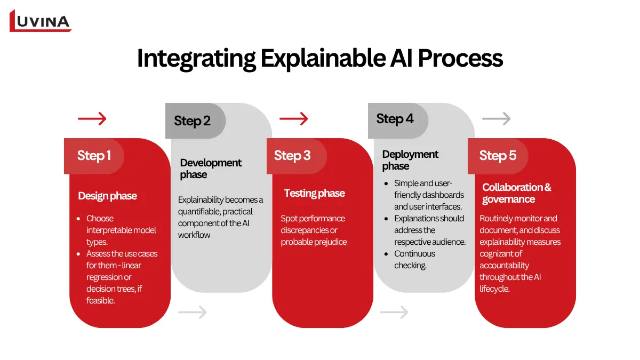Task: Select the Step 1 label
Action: (94, 155)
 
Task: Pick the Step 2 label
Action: (192, 121)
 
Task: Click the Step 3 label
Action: (292, 155)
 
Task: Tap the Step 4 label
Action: (395, 118)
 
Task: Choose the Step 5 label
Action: (498, 155)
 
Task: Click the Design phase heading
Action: (107, 196)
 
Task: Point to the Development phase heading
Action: (211, 169)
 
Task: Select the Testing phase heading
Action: (314, 193)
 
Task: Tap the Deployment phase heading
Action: (410, 160)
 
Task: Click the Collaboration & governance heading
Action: (516, 193)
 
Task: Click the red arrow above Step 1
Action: (92, 118)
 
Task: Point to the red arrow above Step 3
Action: (294, 118)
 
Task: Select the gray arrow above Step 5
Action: (496, 118)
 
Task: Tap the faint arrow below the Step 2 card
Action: (192, 312)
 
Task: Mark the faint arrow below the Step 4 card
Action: (394, 312)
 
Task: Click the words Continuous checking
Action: (414, 259)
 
